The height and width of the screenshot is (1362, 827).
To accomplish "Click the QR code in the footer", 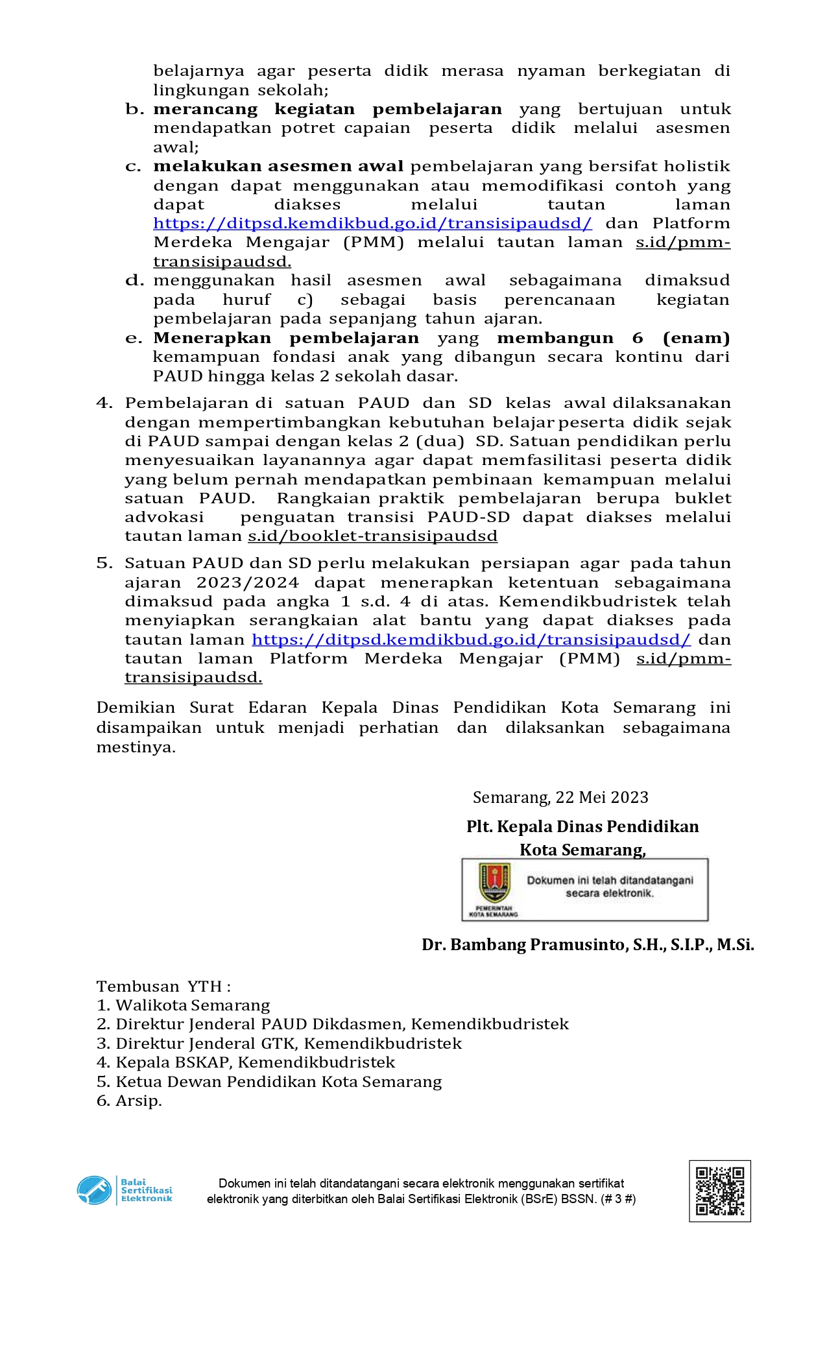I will coord(719,1191).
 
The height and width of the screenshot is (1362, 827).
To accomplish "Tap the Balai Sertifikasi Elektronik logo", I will coord(125,1190).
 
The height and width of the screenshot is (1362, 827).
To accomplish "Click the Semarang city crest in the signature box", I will coord(494,883).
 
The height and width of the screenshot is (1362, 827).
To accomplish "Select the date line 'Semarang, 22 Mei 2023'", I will coord(560,797).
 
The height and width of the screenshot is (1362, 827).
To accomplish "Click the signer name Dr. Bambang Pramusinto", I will coord(588,944).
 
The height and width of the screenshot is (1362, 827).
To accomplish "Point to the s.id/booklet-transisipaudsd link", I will coord(372,536).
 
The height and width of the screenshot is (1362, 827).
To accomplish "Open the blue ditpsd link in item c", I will coord(372,224).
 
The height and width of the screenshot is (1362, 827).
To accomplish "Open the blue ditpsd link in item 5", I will coord(471,639).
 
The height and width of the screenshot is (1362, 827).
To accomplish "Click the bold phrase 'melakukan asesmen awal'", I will coord(278,167).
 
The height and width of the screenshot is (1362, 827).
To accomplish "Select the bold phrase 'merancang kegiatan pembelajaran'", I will coord(328,109).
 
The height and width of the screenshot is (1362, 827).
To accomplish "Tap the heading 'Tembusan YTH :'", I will coord(163,986).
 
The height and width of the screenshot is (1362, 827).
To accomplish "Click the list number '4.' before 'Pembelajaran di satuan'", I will coord(104,403).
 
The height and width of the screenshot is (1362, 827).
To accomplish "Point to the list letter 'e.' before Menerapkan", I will coord(134,338).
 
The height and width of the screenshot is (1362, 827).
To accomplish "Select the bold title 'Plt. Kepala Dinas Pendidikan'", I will coord(582,826).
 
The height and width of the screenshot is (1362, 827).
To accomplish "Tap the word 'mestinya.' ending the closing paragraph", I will coord(136,747).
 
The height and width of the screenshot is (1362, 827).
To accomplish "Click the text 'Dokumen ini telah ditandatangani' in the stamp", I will coord(610,880).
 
